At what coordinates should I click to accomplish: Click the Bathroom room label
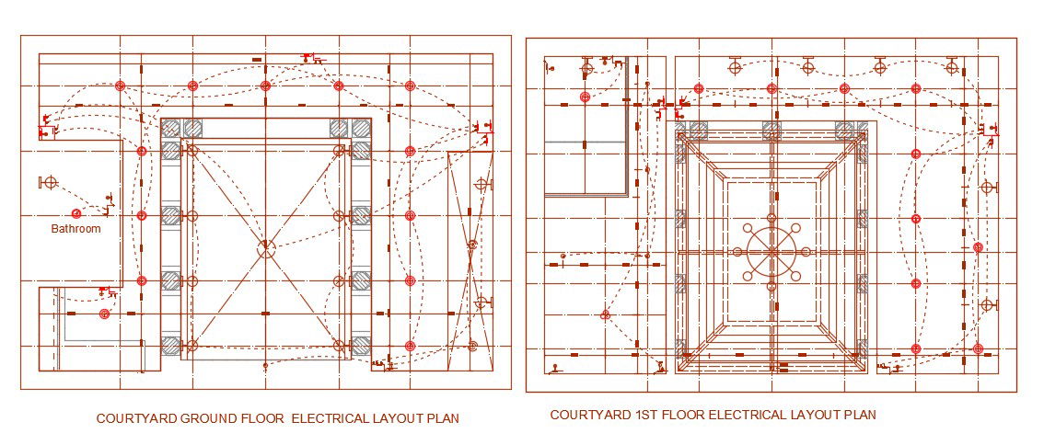(75, 228)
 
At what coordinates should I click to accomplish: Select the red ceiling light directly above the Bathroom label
(77, 213)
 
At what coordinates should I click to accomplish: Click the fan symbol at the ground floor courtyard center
(265, 248)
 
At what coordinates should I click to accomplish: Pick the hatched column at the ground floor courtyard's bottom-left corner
(170, 347)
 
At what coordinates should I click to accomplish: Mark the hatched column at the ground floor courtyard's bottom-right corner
(361, 347)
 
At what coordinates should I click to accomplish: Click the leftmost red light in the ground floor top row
(120, 86)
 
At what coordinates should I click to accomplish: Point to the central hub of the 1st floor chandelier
(771, 251)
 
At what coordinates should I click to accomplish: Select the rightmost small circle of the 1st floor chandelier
(807, 251)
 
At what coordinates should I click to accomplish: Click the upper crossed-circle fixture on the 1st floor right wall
(987, 188)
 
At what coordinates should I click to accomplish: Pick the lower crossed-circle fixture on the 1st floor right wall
(987, 305)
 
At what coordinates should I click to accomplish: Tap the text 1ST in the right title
(648, 416)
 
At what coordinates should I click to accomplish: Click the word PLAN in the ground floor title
(442, 419)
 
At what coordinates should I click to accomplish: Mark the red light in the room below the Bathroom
(105, 314)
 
